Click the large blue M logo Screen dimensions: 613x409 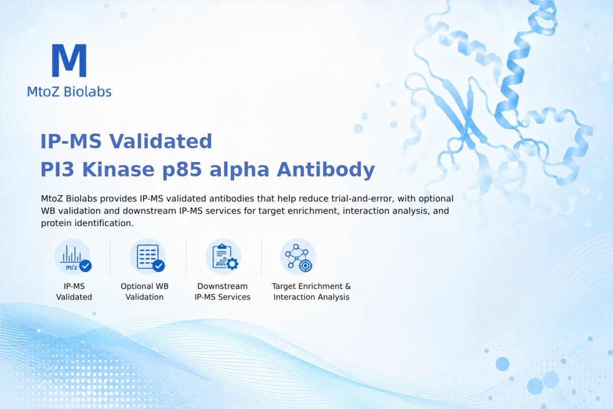tap(69, 60)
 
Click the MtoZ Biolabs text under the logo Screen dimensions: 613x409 tap(69, 92)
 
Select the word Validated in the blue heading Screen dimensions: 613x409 tap(160, 141)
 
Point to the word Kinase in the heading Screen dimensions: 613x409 tap(118, 169)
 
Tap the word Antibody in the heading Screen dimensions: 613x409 tap(326, 170)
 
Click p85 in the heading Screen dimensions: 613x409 tap(182, 170)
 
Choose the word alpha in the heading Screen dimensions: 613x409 tap(239, 170)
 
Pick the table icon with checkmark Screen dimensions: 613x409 tap(148, 257)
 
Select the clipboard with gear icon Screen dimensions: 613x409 tap(223, 257)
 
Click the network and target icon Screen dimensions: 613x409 tap(298, 257)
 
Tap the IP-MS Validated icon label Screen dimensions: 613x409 tap(74, 291)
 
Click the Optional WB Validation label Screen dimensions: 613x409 tap(145, 291)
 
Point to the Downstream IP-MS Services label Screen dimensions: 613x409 tap(223, 291)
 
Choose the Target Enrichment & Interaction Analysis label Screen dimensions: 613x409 tap(312, 291)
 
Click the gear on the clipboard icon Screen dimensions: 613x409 tap(232, 264)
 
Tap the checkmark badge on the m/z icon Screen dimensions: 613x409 tap(85, 266)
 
